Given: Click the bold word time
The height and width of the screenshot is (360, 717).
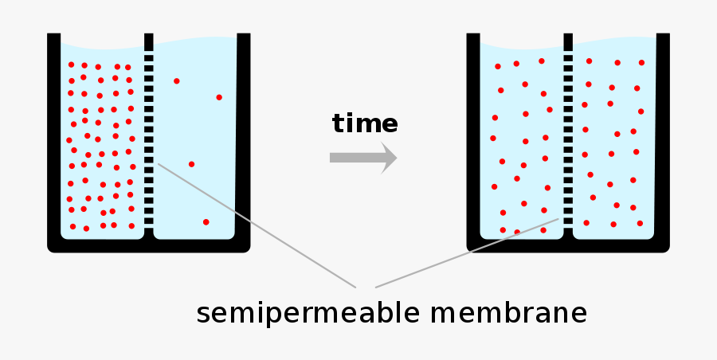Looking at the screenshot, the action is point(365,123).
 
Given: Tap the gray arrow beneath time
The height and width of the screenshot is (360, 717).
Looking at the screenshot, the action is point(363,158).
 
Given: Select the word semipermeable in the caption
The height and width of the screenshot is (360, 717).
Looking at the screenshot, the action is point(308,315).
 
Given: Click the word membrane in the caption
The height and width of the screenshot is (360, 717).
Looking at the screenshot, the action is point(508,313).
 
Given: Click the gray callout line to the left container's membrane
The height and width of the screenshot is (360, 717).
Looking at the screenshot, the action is point(257,225).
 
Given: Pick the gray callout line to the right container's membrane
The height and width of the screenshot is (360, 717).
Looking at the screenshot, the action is point(467,253).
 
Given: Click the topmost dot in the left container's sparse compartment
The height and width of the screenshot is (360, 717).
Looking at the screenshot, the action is point(177,81).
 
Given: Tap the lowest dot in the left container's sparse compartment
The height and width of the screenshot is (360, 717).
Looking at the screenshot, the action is point(206,222).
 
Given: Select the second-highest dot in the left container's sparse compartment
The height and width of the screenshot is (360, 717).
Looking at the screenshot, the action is point(219,97).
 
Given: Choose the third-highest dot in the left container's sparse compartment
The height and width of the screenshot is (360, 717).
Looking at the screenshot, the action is point(191,164).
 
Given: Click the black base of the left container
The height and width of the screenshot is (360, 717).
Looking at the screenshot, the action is point(149,245).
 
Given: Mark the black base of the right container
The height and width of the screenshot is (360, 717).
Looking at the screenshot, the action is point(568,245).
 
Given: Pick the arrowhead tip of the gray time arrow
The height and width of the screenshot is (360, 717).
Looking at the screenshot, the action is point(397,158).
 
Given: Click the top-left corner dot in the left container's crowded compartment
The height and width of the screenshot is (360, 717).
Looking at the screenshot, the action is point(72,65).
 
